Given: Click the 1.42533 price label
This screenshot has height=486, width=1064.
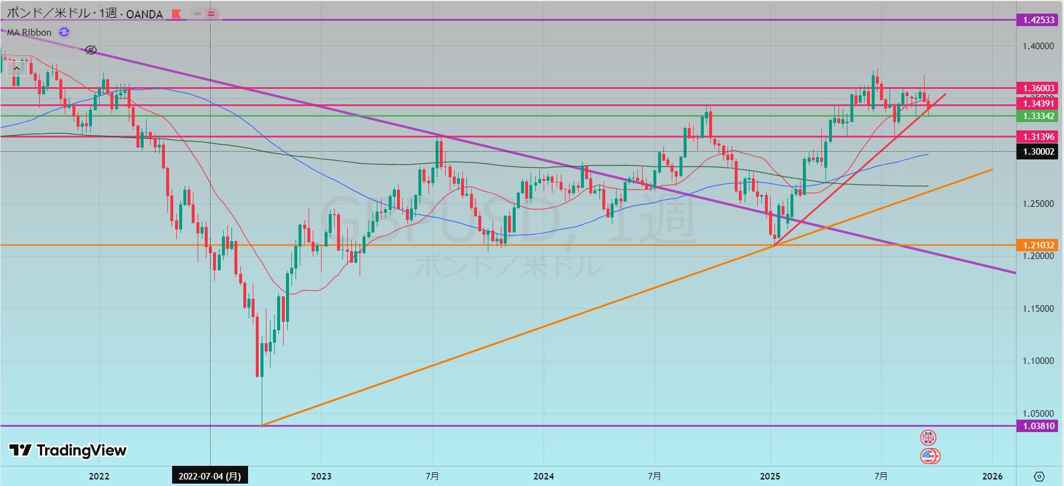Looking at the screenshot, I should point(1038,20).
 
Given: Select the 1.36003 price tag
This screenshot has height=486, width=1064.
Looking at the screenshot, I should point(1038,88).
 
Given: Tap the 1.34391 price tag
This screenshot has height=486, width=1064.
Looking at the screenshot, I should point(1038,104).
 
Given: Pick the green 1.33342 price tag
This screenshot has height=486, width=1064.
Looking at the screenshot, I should point(1038,116).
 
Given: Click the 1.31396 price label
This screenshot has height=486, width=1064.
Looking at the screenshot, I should point(1038,137).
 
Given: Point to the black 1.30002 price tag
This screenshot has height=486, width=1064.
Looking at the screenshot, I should point(1038,152).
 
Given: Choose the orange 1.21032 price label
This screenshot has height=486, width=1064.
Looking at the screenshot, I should point(1038,245).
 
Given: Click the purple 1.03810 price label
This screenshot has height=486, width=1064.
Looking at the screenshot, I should point(1038,426).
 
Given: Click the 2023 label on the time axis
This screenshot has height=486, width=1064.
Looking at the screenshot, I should point(321,476).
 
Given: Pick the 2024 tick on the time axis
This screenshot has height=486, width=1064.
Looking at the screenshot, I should point(544,476).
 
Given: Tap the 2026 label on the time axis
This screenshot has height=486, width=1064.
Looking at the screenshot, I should point(992,476).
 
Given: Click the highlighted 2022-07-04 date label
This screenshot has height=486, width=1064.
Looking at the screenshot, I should point(209,476).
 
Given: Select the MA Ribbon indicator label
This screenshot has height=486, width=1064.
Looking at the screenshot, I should point(29,33).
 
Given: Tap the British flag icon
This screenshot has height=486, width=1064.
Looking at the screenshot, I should point(928,438).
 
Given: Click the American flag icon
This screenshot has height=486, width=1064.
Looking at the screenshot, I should point(929,456).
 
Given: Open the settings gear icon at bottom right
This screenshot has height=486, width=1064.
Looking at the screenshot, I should point(1039,476).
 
